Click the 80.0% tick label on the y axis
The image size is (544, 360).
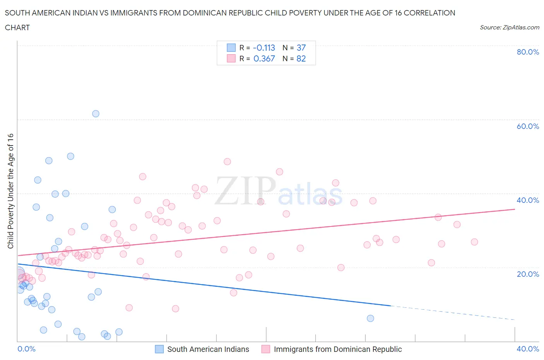coord(528,52)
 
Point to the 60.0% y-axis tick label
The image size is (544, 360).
coord(528,126)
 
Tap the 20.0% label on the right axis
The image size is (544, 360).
coord(528,274)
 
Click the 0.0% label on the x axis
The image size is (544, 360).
coord(26,349)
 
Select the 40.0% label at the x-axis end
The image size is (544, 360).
coord(528,349)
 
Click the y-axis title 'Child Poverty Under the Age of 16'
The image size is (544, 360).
coord(10,191)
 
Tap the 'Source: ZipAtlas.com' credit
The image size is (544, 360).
coord(509,27)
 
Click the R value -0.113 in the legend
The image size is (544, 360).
coord(264,48)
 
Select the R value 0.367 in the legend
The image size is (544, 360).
coord(264,58)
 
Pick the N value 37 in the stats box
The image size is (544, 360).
coord(301,48)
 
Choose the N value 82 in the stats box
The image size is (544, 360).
coord(301,58)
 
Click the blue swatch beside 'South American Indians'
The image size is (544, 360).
coord(159,349)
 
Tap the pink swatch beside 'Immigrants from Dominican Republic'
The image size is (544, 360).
coord(265,349)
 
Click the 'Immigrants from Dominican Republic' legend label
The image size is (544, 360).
coord(338,349)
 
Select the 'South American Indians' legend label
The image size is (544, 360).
coord(208,349)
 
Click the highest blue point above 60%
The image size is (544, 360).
coord(96,113)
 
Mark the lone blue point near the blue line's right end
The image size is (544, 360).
coord(370,318)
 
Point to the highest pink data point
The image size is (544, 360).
coord(227,161)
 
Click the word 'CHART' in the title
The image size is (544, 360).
coord(17,27)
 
